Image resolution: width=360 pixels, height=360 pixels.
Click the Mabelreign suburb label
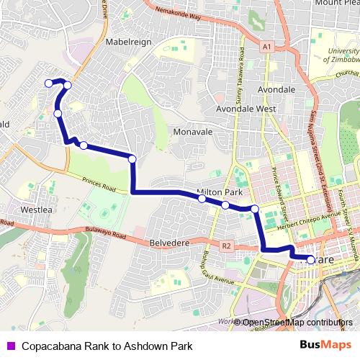point(130,42)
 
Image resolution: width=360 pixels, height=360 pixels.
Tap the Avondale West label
point(247,109)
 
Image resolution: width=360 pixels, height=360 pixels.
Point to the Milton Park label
point(218,192)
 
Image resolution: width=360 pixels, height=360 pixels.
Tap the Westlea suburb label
point(37,210)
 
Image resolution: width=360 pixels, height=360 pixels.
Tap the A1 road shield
point(268,47)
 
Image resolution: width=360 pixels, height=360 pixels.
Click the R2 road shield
point(227,246)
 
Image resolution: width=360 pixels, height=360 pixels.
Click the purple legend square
point(10,346)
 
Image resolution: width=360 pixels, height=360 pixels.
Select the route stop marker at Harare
point(311,260)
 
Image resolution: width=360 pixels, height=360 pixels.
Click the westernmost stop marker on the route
point(49,84)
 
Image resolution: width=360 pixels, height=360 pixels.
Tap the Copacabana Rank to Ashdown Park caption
point(107,346)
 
